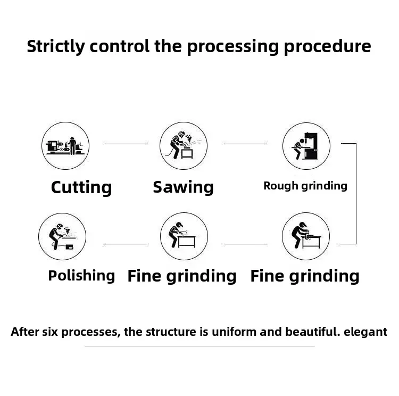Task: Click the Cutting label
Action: tap(81, 187)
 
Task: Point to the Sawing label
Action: tap(183, 187)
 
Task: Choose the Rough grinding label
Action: tap(305, 186)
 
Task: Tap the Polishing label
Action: tap(81, 276)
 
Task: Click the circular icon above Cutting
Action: tap(65, 146)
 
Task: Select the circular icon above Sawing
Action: tap(184, 146)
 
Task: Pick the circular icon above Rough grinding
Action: tap(306, 146)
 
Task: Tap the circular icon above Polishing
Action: tap(62, 236)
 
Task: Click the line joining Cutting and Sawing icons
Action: tap(126, 144)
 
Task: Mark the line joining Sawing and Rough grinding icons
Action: tap(245, 144)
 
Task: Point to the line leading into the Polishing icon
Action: tap(124, 244)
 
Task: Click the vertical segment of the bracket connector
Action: tap(356, 194)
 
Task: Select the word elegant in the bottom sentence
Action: tap(365, 332)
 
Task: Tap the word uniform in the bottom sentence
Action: tap(233, 332)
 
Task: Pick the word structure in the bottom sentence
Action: tap(173, 332)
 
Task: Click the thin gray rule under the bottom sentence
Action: tap(199, 346)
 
